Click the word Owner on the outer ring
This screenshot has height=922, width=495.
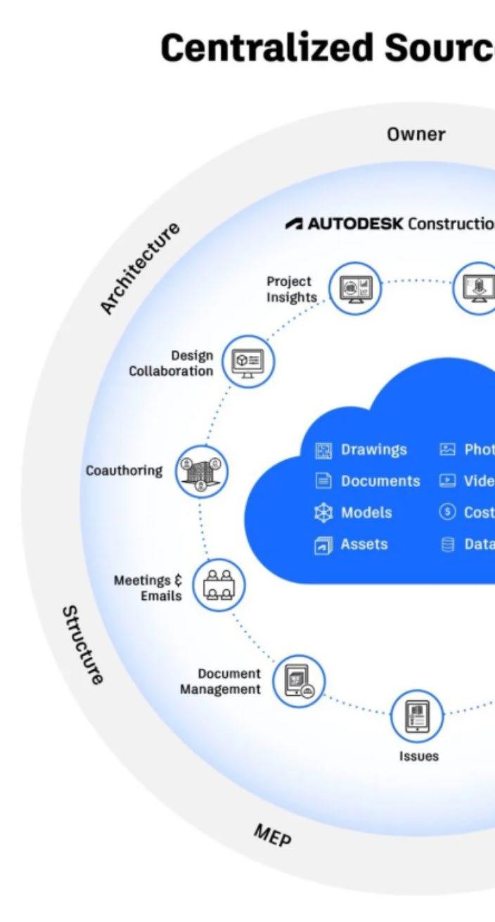click(x=416, y=134)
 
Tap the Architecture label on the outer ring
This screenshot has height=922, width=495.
click(x=139, y=267)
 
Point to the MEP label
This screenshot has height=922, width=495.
click(x=273, y=836)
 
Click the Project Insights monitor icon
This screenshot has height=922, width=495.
click(x=356, y=288)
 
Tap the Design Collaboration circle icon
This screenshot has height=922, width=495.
click(x=248, y=361)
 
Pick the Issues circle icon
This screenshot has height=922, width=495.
click(x=418, y=715)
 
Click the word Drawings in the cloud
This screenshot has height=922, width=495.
click(x=373, y=450)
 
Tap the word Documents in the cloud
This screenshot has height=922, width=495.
click(x=380, y=481)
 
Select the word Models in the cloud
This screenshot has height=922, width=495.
click(x=366, y=513)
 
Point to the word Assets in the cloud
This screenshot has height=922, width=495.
click(x=364, y=544)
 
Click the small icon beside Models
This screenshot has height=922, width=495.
click(x=323, y=513)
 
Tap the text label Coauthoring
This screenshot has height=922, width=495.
click(x=124, y=470)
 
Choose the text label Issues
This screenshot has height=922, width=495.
click(x=418, y=757)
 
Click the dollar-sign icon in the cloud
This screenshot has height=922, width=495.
click(x=447, y=513)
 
